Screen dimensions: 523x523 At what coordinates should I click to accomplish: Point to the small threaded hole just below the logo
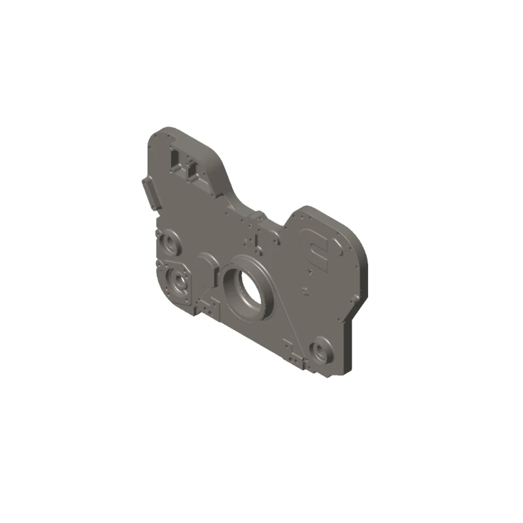[x=305, y=287]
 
